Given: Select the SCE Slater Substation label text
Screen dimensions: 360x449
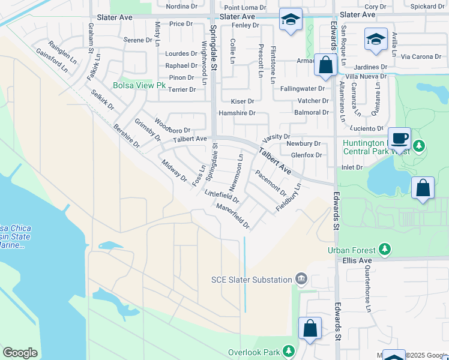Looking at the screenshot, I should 252,279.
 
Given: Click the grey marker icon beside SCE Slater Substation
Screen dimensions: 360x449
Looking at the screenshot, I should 301,279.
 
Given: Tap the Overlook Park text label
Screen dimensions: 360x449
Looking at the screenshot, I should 255,352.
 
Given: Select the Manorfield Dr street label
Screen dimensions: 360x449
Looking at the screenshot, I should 233,215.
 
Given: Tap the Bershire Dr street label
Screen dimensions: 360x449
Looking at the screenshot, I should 126,136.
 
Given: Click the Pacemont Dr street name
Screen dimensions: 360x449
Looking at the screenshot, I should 271,183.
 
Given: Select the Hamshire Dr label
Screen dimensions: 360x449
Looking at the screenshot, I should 237,113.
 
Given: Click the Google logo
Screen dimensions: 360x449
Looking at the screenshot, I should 20,353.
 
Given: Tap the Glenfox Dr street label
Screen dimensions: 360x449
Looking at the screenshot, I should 306,155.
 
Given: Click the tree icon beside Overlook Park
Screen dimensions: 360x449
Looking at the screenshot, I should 289,351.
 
